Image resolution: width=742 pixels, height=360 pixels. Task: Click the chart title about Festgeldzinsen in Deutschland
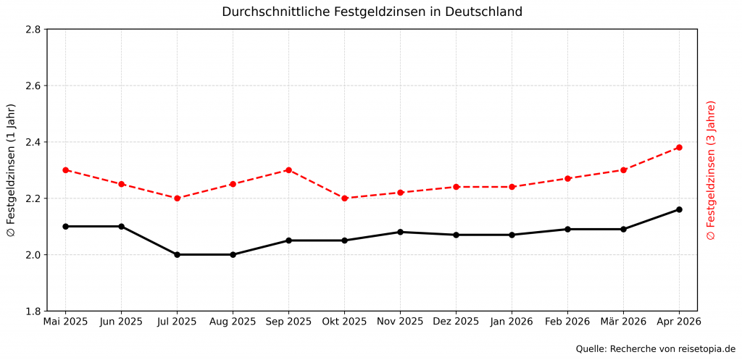click(372, 12)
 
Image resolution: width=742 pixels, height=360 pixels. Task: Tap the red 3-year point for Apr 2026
click(679, 148)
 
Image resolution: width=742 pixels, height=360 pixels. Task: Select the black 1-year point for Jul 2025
click(177, 254)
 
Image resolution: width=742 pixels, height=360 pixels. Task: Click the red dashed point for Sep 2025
click(288, 170)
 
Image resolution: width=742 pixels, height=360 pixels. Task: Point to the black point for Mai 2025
click(65, 226)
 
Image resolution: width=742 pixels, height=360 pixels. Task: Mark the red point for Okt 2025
click(344, 198)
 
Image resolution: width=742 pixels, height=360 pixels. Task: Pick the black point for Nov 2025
click(400, 232)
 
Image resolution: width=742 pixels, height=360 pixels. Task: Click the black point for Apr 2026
click(679, 209)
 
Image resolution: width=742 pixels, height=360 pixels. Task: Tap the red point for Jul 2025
click(177, 198)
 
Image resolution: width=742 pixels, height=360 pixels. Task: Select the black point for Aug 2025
click(233, 254)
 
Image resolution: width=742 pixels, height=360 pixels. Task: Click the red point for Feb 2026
click(567, 178)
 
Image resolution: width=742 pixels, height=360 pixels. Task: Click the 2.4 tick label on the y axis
click(33, 142)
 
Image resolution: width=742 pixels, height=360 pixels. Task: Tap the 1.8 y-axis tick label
click(33, 311)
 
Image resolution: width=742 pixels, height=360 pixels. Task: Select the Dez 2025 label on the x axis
click(456, 321)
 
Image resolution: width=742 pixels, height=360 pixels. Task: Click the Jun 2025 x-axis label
click(121, 321)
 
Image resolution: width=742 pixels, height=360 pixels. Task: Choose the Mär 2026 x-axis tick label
click(623, 321)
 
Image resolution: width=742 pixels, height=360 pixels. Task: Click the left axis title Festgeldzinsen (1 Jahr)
click(11, 170)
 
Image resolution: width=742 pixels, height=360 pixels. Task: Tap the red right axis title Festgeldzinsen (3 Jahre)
click(711, 170)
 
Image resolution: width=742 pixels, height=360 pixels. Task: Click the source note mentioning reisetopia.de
click(655, 349)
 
